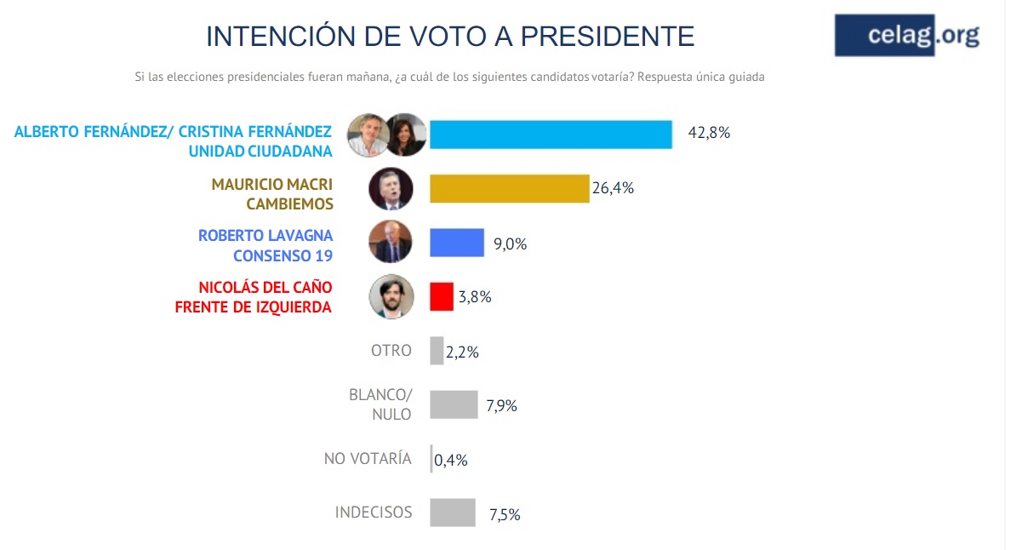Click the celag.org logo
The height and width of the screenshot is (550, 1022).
click(x=907, y=36)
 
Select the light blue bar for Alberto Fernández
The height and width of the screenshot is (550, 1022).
click(x=551, y=135)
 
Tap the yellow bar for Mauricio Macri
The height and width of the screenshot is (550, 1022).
click(x=509, y=189)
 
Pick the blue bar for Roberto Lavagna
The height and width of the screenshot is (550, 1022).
click(x=456, y=243)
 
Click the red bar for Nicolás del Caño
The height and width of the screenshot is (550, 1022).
click(x=441, y=296)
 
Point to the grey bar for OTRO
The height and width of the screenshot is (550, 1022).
click(x=437, y=351)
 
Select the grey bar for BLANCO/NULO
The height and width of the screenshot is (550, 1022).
click(x=454, y=404)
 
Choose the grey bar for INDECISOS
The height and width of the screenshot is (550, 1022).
click(x=452, y=513)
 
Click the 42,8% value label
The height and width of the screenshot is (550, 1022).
click(x=710, y=134)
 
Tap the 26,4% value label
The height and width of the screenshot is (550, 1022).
click(x=613, y=188)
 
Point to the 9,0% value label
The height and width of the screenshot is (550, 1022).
click(x=510, y=244)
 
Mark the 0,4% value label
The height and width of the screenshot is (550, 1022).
click(x=451, y=461)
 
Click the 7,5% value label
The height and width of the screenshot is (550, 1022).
click(x=504, y=514)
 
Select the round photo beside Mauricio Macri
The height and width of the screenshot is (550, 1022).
click(x=391, y=189)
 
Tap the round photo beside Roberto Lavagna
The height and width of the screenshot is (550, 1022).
click(x=391, y=243)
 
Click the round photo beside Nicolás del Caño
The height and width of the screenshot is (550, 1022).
click(x=391, y=296)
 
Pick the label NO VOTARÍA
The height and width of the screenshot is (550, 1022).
click(x=368, y=459)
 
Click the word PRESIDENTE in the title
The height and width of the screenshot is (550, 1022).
click(x=608, y=36)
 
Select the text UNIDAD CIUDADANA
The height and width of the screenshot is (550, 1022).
click(x=260, y=150)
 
